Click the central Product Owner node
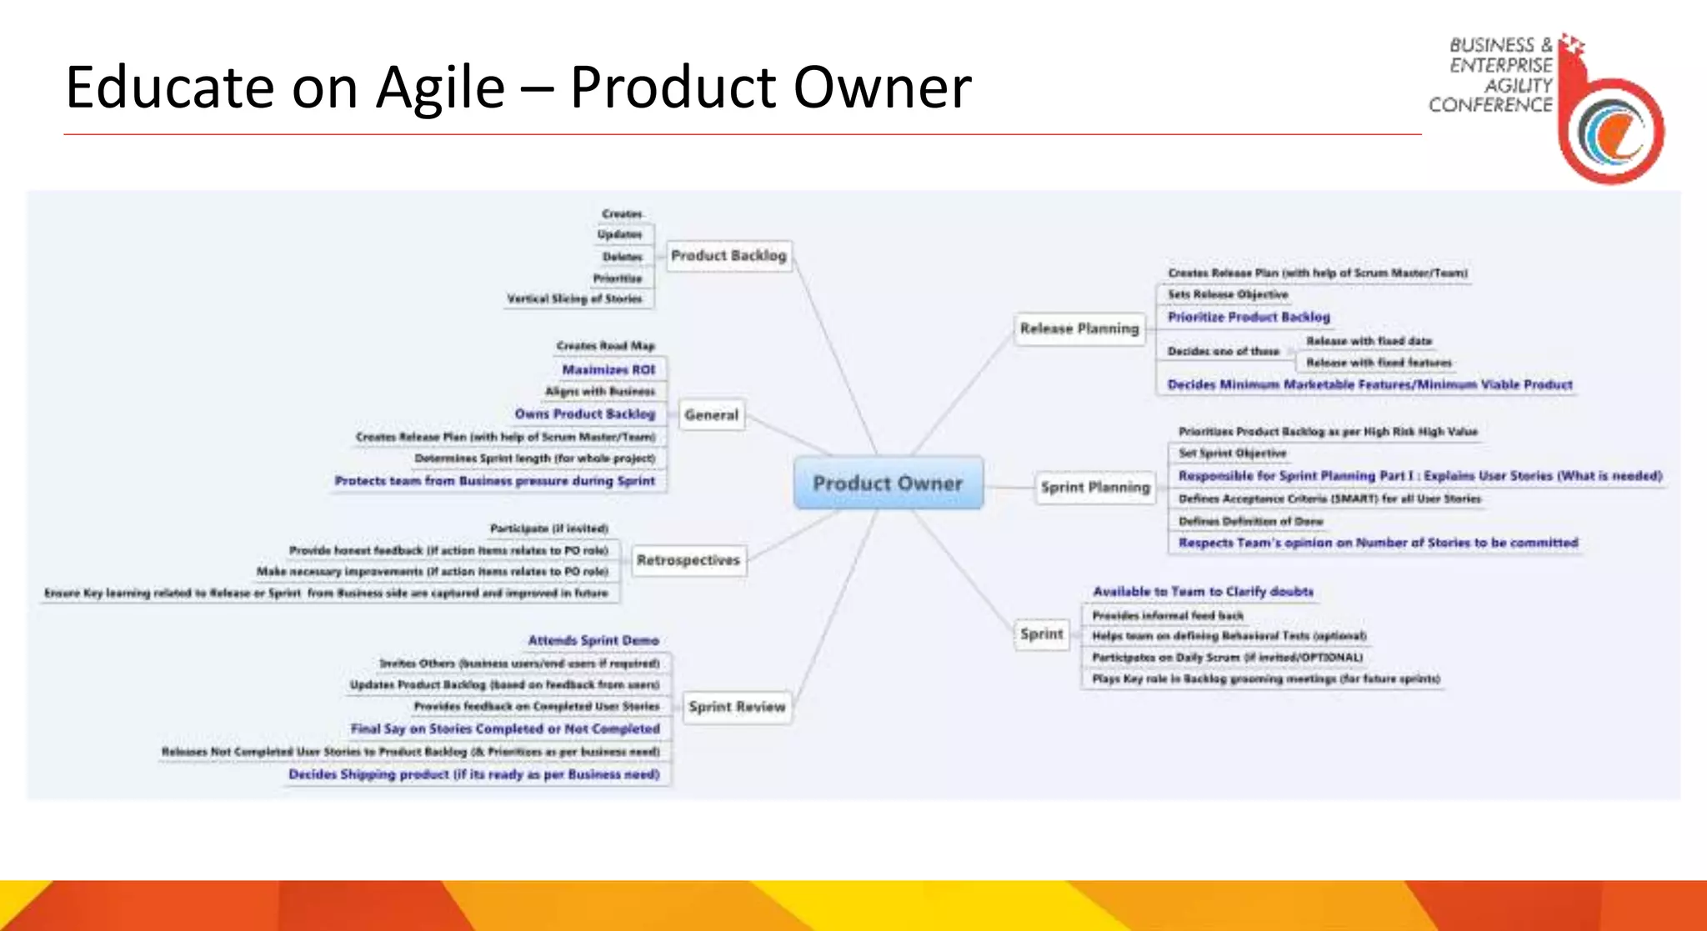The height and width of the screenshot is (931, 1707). (888, 483)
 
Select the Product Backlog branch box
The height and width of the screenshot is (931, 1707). (728, 255)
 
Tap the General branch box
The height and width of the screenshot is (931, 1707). (711, 414)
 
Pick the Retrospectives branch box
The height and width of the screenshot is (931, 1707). (688, 560)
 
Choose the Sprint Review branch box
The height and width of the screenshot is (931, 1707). (737, 707)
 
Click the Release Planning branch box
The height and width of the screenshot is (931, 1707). (1079, 328)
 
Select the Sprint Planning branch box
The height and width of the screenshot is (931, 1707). (1094, 487)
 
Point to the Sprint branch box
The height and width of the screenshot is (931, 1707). (1042, 634)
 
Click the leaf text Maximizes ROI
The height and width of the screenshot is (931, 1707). (608, 369)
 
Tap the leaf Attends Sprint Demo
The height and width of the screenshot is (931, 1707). (593, 640)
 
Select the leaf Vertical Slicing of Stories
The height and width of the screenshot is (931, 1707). (574, 298)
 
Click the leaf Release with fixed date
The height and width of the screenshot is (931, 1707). (1369, 341)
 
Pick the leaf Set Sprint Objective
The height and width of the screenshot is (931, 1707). (1232, 453)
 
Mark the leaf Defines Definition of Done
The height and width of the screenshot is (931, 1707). (1250, 521)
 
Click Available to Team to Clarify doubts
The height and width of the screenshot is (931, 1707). (1203, 591)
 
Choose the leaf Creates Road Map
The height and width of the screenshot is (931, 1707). (605, 345)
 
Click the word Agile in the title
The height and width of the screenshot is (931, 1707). (440, 87)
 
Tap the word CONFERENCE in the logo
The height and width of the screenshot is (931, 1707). (1490, 105)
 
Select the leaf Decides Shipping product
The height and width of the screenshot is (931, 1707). (473, 774)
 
